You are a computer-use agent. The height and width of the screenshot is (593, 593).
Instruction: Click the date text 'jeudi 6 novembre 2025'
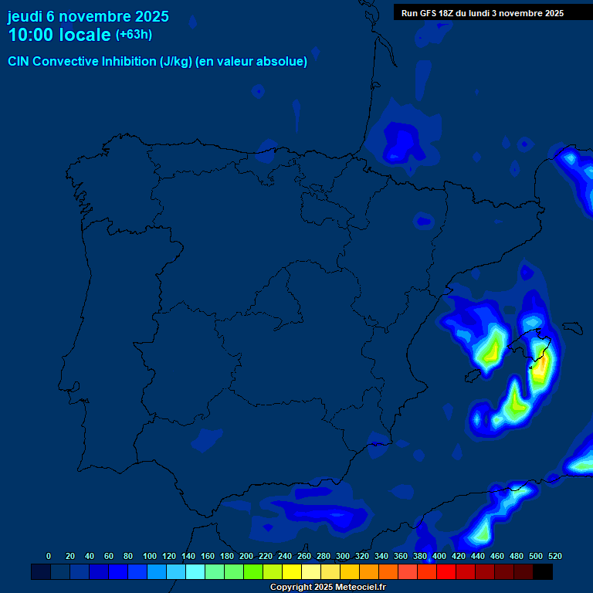tap(88, 16)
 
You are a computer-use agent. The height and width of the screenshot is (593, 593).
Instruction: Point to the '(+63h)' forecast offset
tap(134, 35)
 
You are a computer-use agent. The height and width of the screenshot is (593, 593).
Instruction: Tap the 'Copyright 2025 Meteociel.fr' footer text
tap(327, 588)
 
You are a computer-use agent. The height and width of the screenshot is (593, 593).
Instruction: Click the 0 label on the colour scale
tap(49, 556)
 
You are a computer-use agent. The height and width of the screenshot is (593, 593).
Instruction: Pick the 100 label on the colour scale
tap(150, 556)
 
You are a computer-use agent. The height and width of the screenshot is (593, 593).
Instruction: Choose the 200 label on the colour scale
tap(246, 556)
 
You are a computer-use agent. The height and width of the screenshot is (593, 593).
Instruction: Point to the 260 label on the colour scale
tap(304, 556)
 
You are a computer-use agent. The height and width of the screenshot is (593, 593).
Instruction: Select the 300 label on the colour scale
tap(343, 556)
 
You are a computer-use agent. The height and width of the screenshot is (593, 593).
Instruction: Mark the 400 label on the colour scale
tap(439, 556)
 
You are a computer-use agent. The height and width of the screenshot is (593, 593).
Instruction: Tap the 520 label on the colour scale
tap(555, 556)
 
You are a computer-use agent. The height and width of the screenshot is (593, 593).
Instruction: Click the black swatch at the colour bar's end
tap(543, 571)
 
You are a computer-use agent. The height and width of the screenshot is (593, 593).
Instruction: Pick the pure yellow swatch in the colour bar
tap(292, 571)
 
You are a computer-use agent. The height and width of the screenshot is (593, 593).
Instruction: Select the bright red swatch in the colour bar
tap(446, 571)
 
